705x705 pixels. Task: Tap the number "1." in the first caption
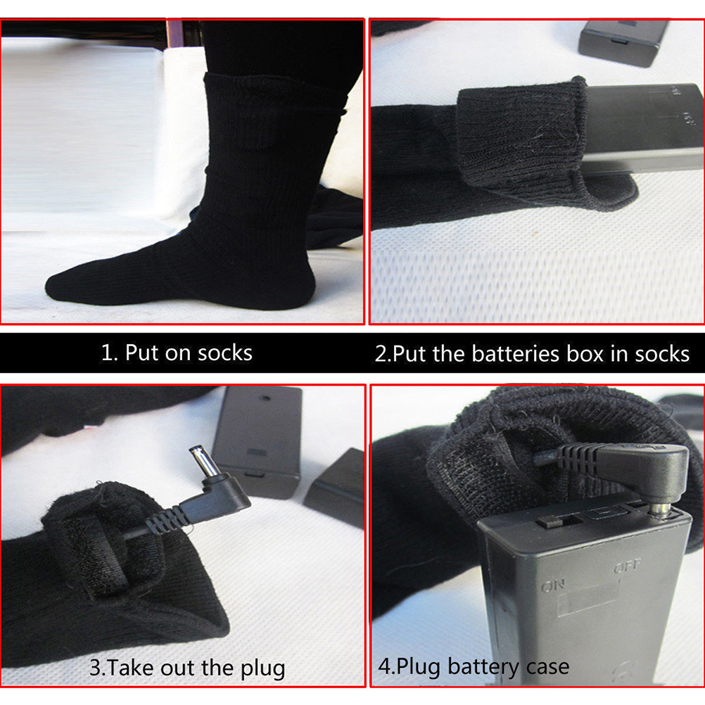pos(110,352)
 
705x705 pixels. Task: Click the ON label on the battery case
pos(552,586)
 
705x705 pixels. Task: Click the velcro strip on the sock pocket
pos(96,555)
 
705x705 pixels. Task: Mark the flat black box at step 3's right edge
pos(335,487)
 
